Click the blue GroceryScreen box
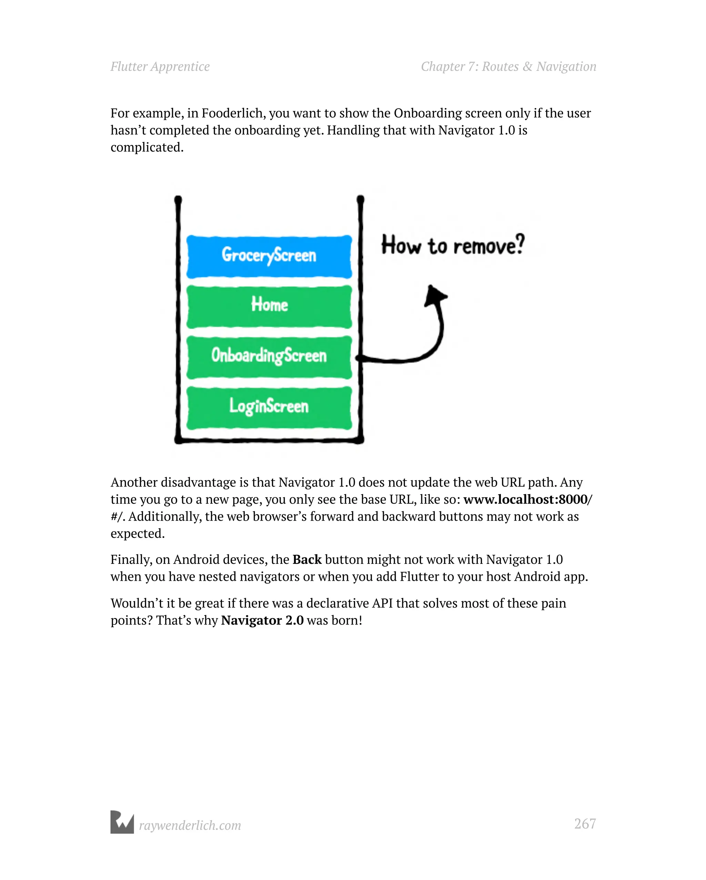tap(269, 256)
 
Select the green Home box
tap(269, 306)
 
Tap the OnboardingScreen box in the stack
tap(269, 357)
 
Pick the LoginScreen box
tap(269, 407)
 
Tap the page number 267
tap(584, 824)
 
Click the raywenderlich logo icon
tap(122, 822)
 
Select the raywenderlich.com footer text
tap(190, 825)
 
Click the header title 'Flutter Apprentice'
tap(160, 67)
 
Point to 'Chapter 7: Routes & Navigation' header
tap(508, 67)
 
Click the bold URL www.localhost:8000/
tap(527, 499)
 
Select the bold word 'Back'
tap(307, 559)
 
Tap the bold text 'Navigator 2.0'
tap(262, 620)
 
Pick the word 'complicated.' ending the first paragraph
tap(147, 147)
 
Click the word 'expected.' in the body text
tap(138, 533)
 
